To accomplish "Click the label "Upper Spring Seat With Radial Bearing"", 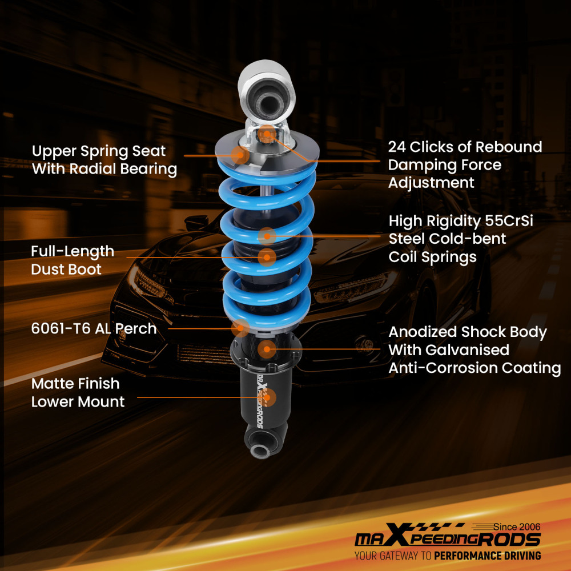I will pyautogui.click(x=104, y=160).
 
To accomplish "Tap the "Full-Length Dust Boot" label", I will pyautogui.click(x=73, y=260).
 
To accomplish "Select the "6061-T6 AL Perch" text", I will pyautogui.click(x=94, y=328).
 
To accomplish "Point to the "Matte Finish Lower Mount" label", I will pyautogui.click(x=78, y=392).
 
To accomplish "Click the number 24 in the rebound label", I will pyautogui.click(x=399, y=147).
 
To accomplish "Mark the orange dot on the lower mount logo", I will pyautogui.click(x=267, y=396).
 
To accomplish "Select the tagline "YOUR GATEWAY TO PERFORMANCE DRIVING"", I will pyautogui.click(x=447, y=556).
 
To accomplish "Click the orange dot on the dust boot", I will pyautogui.click(x=266, y=257).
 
